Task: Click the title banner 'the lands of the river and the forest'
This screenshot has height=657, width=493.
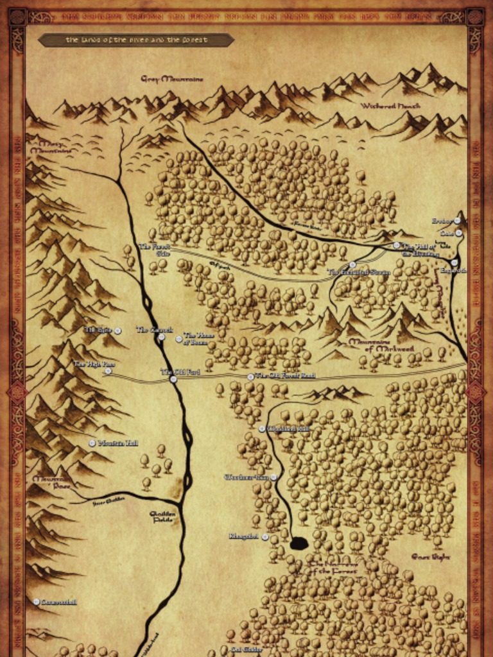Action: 136,40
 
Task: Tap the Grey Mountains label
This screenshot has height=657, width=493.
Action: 172,79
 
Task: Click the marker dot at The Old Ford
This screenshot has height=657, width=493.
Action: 173,379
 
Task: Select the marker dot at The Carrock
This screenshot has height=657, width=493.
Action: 162,337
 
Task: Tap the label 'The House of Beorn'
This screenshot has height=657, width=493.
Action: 198,338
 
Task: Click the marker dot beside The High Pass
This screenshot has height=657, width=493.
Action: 108,371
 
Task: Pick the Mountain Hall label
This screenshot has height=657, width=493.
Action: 118,443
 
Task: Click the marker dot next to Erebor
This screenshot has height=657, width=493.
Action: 457,221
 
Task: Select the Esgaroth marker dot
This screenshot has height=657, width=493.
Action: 454,262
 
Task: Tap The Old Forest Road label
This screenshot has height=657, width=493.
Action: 285,376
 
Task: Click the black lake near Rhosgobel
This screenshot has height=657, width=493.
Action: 298,544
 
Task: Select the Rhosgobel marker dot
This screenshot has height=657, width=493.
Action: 265,537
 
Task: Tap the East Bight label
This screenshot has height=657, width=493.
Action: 430,557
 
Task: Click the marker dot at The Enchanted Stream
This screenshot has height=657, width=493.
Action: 352,264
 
